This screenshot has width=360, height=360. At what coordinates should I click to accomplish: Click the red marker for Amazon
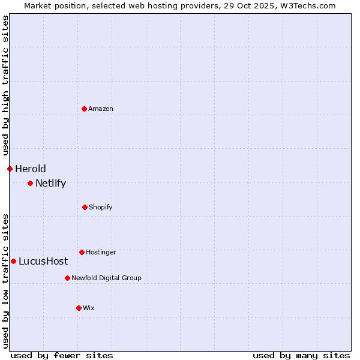tap(84, 109)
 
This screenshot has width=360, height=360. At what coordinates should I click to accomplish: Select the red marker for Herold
tap(10, 169)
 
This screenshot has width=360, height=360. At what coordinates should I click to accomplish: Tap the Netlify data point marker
tap(30, 183)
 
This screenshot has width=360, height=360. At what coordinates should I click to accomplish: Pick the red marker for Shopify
tap(85, 207)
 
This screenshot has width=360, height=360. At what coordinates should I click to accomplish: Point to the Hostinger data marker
tap(82, 252)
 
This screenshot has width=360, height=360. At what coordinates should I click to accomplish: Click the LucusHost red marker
tap(13, 261)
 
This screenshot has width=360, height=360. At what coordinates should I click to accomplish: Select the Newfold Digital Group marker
tap(67, 278)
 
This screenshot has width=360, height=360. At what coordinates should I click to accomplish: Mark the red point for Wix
tap(79, 308)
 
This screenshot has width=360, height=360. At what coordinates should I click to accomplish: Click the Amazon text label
tap(101, 109)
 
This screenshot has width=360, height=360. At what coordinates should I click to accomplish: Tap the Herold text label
tap(31, 169)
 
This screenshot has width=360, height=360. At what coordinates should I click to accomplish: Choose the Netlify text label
tap(50, 183)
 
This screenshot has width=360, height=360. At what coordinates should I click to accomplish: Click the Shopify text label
tap(101, 207)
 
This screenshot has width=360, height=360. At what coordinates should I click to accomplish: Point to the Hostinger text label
tap(101, 252)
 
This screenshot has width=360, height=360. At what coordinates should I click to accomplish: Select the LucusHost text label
tap(43, 261)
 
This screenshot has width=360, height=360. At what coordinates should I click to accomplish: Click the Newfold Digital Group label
tap(106, 278)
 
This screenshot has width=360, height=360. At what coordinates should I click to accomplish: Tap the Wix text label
tap(89, 308)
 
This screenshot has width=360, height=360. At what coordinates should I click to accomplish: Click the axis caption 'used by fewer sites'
tap(62, 355)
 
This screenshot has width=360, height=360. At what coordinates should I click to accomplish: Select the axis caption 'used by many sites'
tap(301, 355)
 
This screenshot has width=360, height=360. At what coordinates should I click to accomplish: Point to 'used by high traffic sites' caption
tap(5, 85)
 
